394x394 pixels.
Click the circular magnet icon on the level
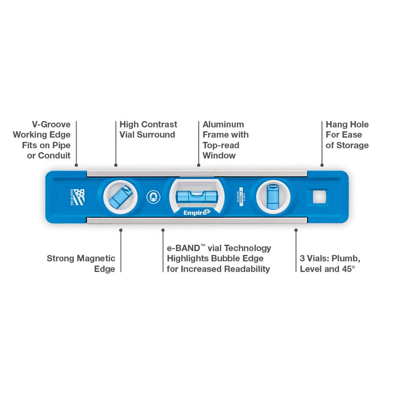click(x=150, y=196)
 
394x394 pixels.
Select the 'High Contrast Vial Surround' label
click(x=147, y=129)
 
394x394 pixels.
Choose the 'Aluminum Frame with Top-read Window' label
click(x=225, y=140)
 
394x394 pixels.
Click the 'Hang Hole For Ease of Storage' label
click(x=347, y=135)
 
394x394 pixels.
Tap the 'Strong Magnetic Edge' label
click(x=81, y=263)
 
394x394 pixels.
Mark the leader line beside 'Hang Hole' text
click(x=322, y=143)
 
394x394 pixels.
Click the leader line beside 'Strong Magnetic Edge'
click(x=121, y=251)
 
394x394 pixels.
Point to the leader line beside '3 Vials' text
click(x=296, y=251)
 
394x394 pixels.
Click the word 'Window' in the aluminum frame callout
click(x=219, y=155)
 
